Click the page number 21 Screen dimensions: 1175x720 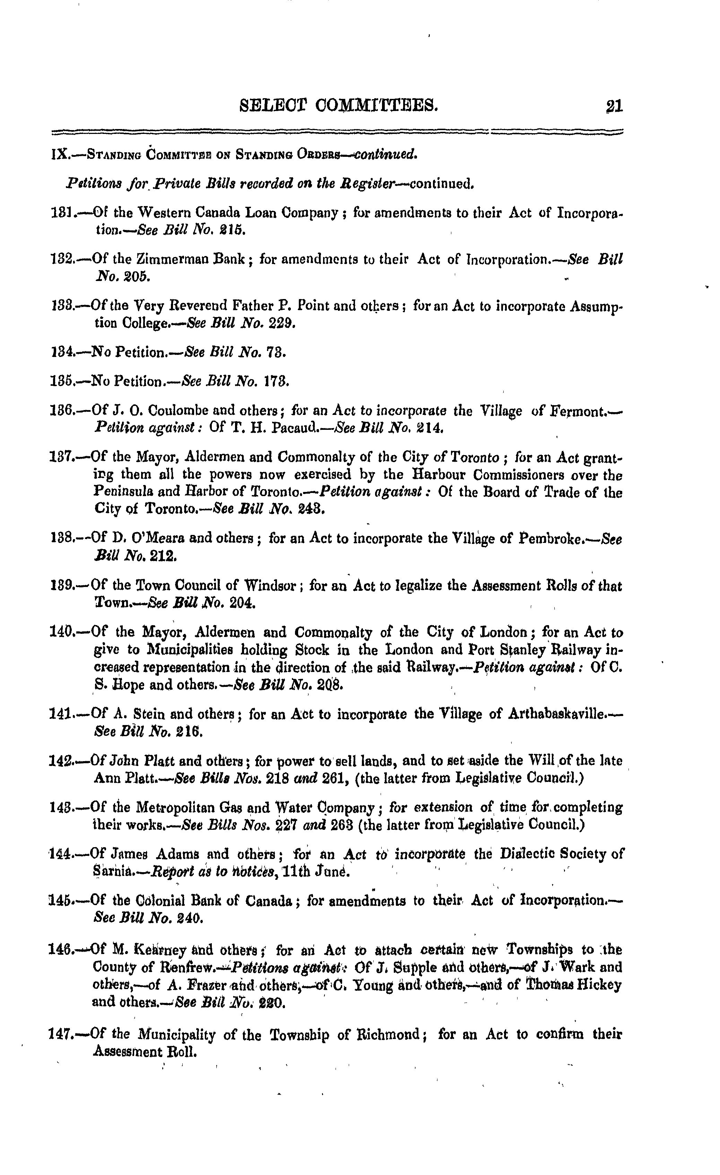coord(614,106)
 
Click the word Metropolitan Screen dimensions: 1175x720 coord(178,808)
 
